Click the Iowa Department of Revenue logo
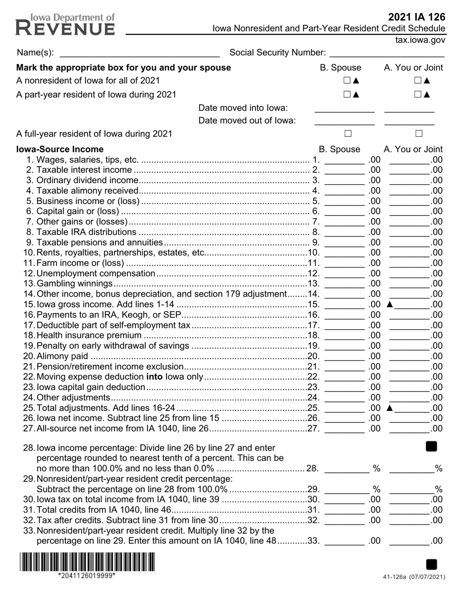click(x=65, y=25)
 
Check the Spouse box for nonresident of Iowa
click(x=347, y=81)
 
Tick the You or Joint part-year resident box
click(x=418, y=95)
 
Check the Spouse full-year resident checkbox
click(x=348, y=133)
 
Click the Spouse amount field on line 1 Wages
click(x=344, y=160)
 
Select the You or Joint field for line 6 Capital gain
click(x=409, y=211)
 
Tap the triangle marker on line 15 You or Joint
click(x=390, y=304)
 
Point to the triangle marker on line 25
click(x=390, y=408)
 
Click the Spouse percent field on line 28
click(x=346, y=468)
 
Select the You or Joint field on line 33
click(x=409, y=541)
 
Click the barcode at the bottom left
click(x=87, y=563)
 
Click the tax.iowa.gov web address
click(x=420, y=41)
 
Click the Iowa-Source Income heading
click(x=60, y=149)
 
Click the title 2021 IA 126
click(x=416, y=17)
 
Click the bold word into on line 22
click(x=155, y=377)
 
